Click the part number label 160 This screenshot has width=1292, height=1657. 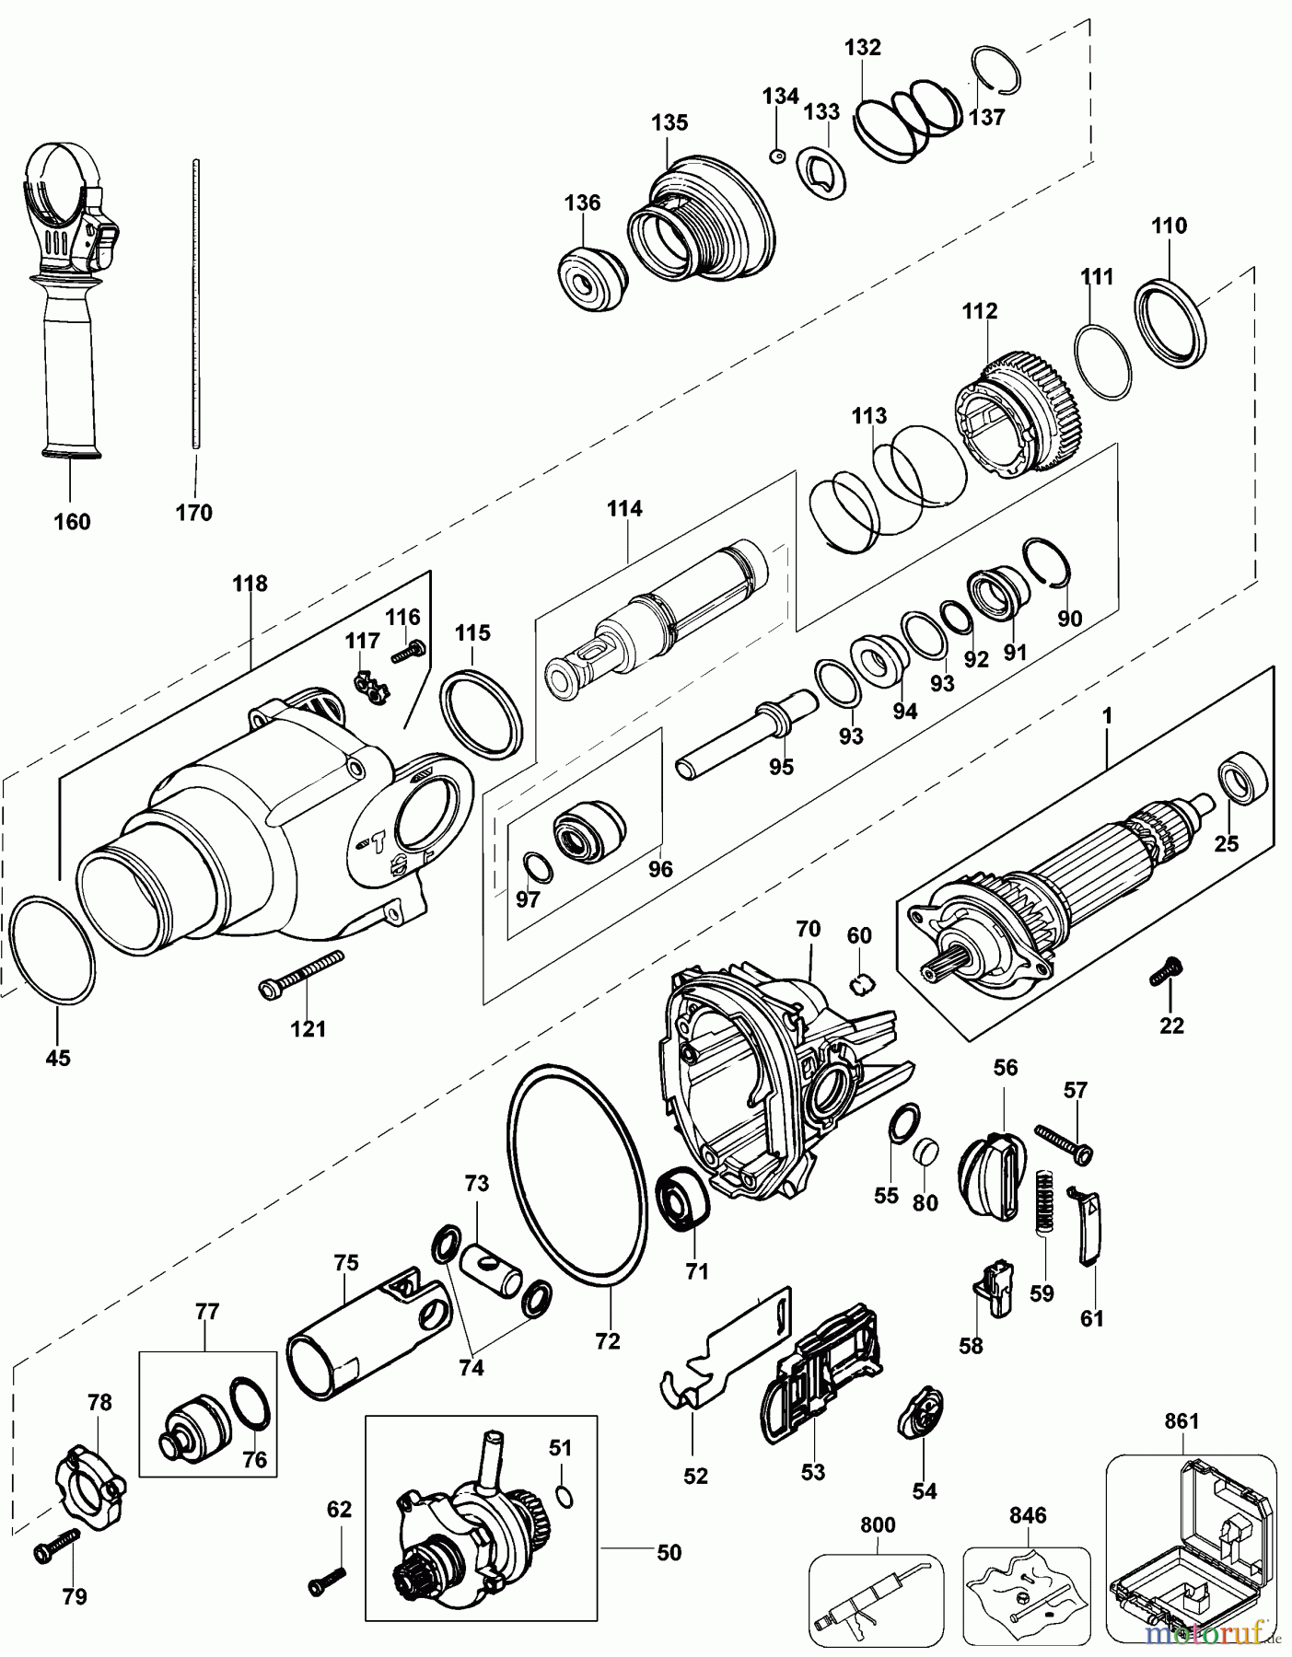pos(72,522)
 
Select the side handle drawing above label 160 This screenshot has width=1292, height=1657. pos(69,304)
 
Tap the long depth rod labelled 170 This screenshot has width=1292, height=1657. pos(196,304)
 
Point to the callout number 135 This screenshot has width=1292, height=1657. pos(669,122)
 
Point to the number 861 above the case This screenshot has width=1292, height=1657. pos(1181,1421)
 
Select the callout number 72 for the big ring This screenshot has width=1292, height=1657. pos(608,1341)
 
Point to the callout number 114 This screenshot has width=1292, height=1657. pos(624,508)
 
